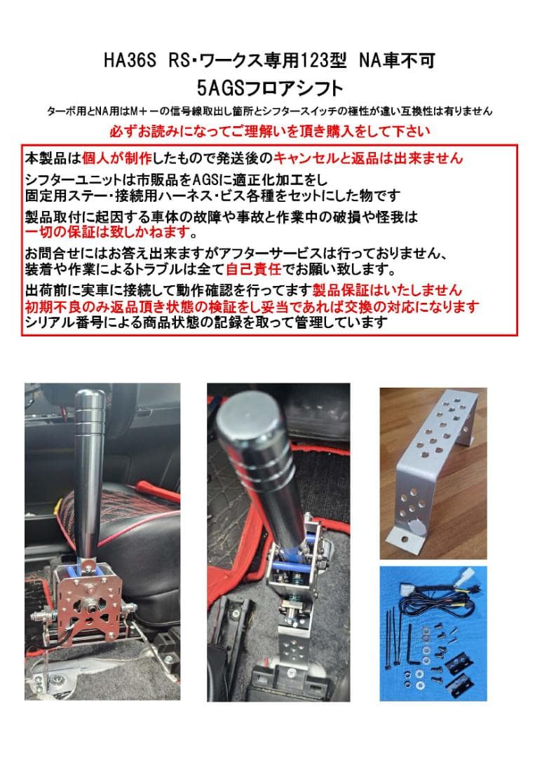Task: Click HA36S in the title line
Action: pyautogui.click(x=130, y=62)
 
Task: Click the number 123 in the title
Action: pyautogui.click(x=313, y=62)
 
